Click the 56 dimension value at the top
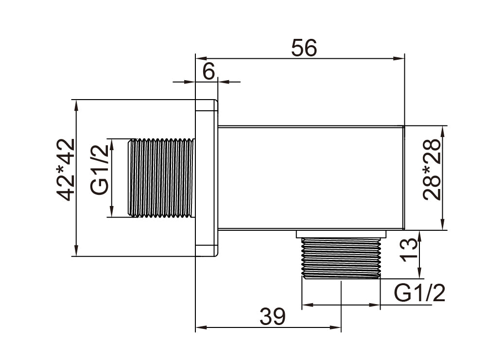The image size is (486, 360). click(x=304, y=48)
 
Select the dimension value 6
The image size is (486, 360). click(x=208, y=72)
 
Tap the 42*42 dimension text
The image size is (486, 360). click(x=66, y=170)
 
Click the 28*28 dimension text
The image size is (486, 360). click(x=431, y=170)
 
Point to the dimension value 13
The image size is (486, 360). click(x=409, y=250)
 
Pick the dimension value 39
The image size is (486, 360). click(x=273, y=316)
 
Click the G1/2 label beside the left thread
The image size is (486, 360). click(x=100, y=170)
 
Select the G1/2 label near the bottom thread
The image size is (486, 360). click(x=419, y=293)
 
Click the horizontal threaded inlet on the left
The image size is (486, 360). click(x=161, y=178)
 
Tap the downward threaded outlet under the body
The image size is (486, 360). click(x=341, y=258)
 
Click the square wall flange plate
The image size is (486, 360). click(x=207, y=178)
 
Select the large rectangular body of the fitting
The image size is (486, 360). click(x=311, y=178)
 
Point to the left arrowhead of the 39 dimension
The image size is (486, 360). click(x=201, y=327)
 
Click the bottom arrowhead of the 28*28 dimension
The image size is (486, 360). click(x=443, y=224)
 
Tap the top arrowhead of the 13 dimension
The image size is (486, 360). click(x=419, y=237)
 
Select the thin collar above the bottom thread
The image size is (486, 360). click(x=341, y=234)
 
